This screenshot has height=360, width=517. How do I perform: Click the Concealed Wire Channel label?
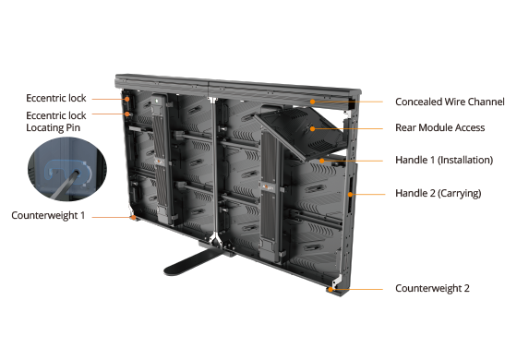[x=450, y=102]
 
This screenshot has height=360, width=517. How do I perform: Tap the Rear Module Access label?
[x=439, y=127]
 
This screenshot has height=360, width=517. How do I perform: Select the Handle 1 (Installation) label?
[x=444, y=161]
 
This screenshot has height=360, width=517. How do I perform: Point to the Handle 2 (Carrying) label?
[x=439, y=193]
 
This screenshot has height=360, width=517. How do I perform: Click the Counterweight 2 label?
[x=432, y=288]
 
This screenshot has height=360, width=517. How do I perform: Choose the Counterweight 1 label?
[x=48, y=216]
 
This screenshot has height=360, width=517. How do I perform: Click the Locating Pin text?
[x=54, y=128]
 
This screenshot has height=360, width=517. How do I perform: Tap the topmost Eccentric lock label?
[x=56, y=98]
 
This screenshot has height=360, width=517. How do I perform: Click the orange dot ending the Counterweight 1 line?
[x=133, y=217]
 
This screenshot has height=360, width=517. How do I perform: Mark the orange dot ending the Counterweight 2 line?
[x=331, y=290]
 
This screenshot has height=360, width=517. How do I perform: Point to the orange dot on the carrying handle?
[x=350, y=194]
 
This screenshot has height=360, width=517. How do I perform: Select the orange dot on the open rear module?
[x=312, y=128]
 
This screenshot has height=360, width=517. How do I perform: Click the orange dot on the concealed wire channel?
[x=312, y=102]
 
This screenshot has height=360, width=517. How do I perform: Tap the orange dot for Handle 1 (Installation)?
[x=321, y=161]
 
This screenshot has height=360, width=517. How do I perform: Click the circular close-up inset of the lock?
[x=67, y=169]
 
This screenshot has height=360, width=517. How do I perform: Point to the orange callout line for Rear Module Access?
[x=347, y=128]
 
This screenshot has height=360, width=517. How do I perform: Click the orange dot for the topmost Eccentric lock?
[x=127, y=99]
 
